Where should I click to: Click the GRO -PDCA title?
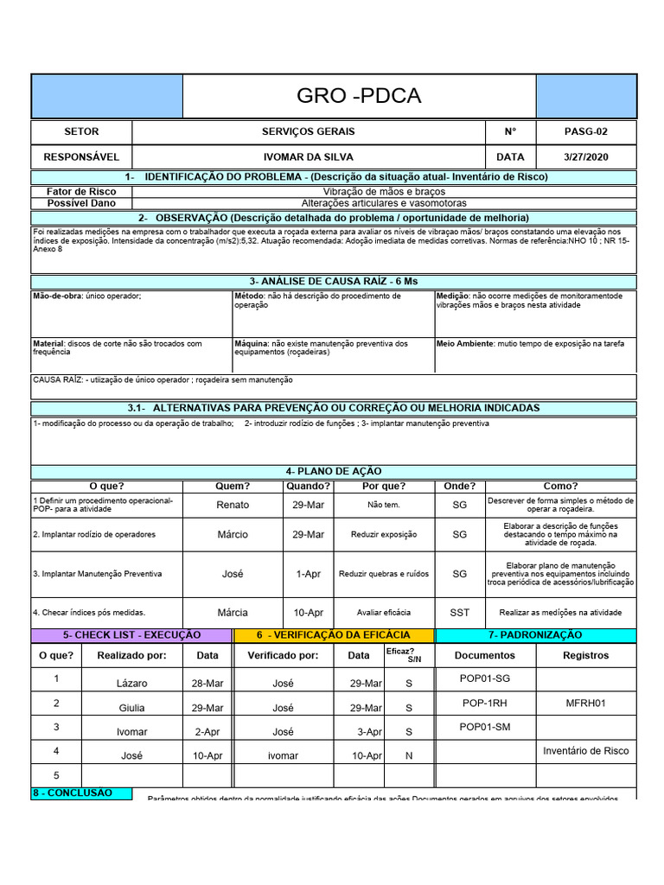(x=359, y=96)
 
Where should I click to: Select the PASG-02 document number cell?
(x=585, y=132)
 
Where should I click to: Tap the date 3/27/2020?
(x=585, y=157)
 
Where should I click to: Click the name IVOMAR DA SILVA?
(x=308, y=157)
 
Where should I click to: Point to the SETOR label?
(x=81, y=132)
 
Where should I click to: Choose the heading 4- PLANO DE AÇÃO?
(x=333, y=471)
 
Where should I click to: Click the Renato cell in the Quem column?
(x=233, y=505)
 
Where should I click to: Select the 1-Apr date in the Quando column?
(x=308, y=574)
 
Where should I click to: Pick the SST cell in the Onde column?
(x=460, y=613)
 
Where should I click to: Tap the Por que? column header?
(x=385, y=486)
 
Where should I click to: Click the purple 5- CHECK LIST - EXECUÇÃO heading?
(x=132, y=635)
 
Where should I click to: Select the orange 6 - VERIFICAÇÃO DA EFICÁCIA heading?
(x=334, y=635)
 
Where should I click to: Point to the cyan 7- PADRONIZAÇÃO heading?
(x=535, y=635)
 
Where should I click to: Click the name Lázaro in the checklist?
(x=132, y=684)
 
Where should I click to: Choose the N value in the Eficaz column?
(x=409, y=755)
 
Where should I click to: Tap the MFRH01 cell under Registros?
(x=585, y=703)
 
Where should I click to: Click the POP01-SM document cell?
(x=485, y=727)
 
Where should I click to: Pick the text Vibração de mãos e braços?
(x=385, y=192)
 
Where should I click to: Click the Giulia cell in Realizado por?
(x=132, y=708)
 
